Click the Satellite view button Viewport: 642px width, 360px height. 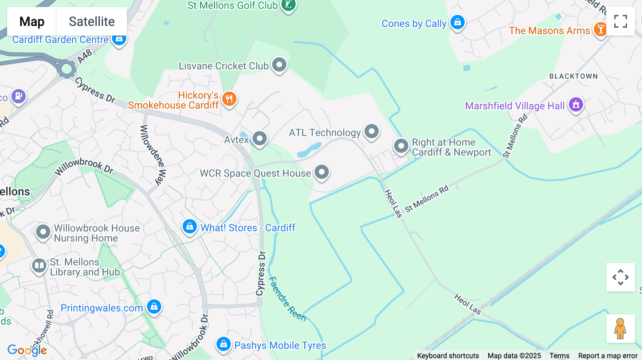click(x=92, y=21)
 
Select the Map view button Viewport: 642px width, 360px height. click(x=32, y=21)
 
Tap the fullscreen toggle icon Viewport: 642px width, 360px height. click(x=620, y=21)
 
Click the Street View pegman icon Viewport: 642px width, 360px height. click(x=620, y=329)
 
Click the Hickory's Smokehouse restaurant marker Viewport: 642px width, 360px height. click(x=229, y=99)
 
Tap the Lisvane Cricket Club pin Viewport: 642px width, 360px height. click(x=279, y=65)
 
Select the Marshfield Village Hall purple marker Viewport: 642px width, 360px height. click(x=576, y=105)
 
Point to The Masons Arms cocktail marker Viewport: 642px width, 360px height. click(x=600, y=30)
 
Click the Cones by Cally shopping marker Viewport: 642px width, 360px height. click(x=457, y=22)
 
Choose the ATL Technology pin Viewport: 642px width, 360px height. click(x=372, y=132)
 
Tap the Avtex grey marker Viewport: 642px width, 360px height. click(x=260, y=138)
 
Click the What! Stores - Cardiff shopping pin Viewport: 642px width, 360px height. click(x=189, y=227)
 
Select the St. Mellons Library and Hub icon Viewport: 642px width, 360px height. click(x=39, y=266)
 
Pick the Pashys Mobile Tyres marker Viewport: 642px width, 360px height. click(x=224, y=344)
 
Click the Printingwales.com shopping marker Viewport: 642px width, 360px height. click(x=154, y=307)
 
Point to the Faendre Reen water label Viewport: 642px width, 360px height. click(x=287, y=299)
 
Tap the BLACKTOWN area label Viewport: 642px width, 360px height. click(x=573, y=76)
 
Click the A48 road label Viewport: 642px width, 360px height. click(x=85, y=57)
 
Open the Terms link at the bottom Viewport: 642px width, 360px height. click(x=559, y=355)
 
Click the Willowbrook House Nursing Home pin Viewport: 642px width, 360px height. click(x=43, y=232)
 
